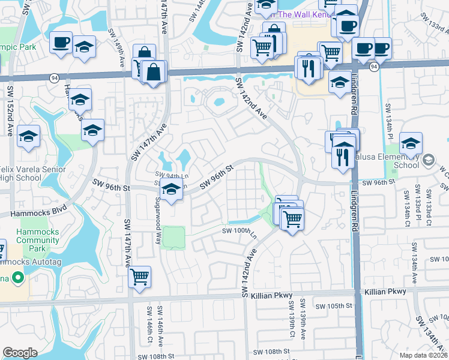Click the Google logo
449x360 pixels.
point(20,352)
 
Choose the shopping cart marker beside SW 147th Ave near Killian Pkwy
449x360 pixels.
point(140,277)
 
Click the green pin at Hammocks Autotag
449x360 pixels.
point(17,277)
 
